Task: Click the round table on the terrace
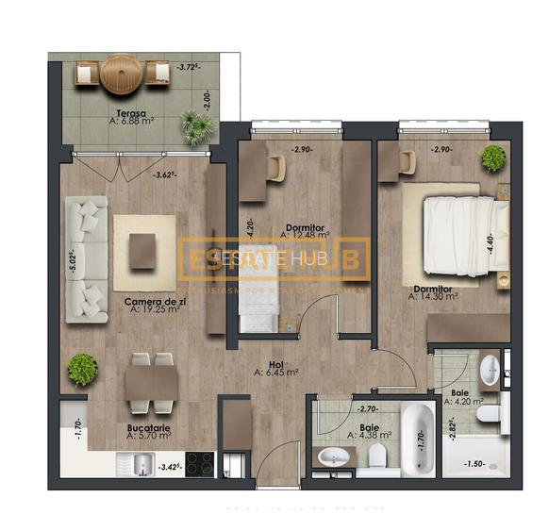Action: [121, 73]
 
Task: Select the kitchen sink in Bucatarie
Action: [141, 464]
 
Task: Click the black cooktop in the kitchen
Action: [199, 464]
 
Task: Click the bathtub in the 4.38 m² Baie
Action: [418, 438]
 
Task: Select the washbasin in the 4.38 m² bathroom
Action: [333, 457]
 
